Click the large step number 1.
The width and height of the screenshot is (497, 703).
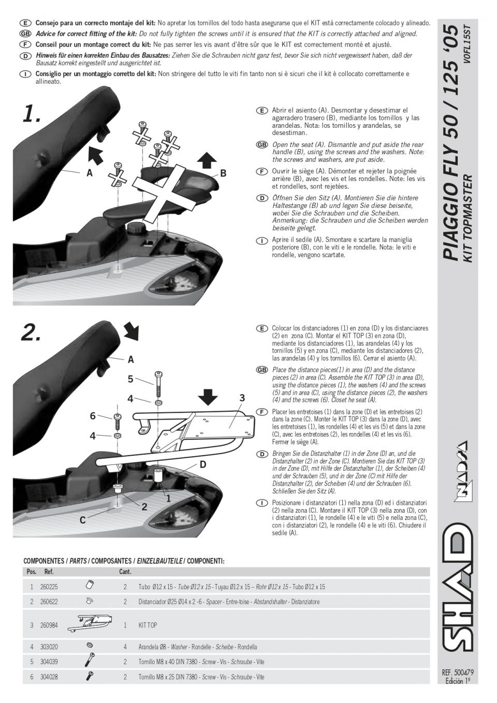click(x=31, y=114)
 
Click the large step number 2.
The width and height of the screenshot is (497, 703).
click(x=31, y=334)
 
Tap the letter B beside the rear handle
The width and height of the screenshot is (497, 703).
click(x=223, y=173)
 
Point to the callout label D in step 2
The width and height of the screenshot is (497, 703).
click(x=203, y=465)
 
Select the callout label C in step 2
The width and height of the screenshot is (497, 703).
click(x=82, y=520)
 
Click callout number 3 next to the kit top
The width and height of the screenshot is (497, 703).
click(x=242, y=398)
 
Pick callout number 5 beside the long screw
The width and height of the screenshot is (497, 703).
click(x=130, y=379)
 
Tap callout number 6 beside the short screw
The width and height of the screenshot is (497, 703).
click(x=93, y=416)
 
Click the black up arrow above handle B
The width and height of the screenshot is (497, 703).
click(x=207, y=159)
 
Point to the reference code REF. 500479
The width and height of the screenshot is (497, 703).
click(x=458, y=672)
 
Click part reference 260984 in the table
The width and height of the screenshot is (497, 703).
click(x=49, y=625)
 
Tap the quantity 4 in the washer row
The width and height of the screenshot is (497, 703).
click(x=125, y=647)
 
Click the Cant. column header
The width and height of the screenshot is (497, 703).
click(x=125, y=572)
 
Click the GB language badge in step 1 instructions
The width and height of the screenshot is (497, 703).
click(x=262, y=145)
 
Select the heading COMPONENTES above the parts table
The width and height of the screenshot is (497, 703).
click(x=44, y=561)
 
